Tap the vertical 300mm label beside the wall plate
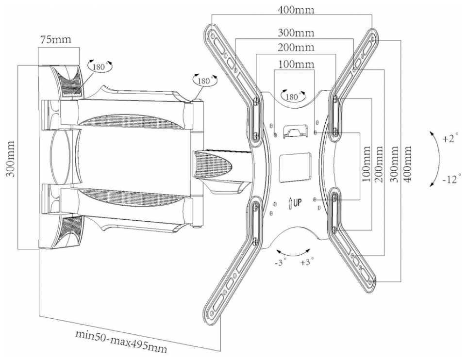[11, 158]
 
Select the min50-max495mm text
[121, 339]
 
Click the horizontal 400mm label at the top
[296, 10]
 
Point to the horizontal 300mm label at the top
[296, 33]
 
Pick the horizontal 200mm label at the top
[296, 48]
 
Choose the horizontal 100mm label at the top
[296, 64]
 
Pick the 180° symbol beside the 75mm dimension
[99, 66]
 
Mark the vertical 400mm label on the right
[407, 164]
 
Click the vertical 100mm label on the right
[367, 165]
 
